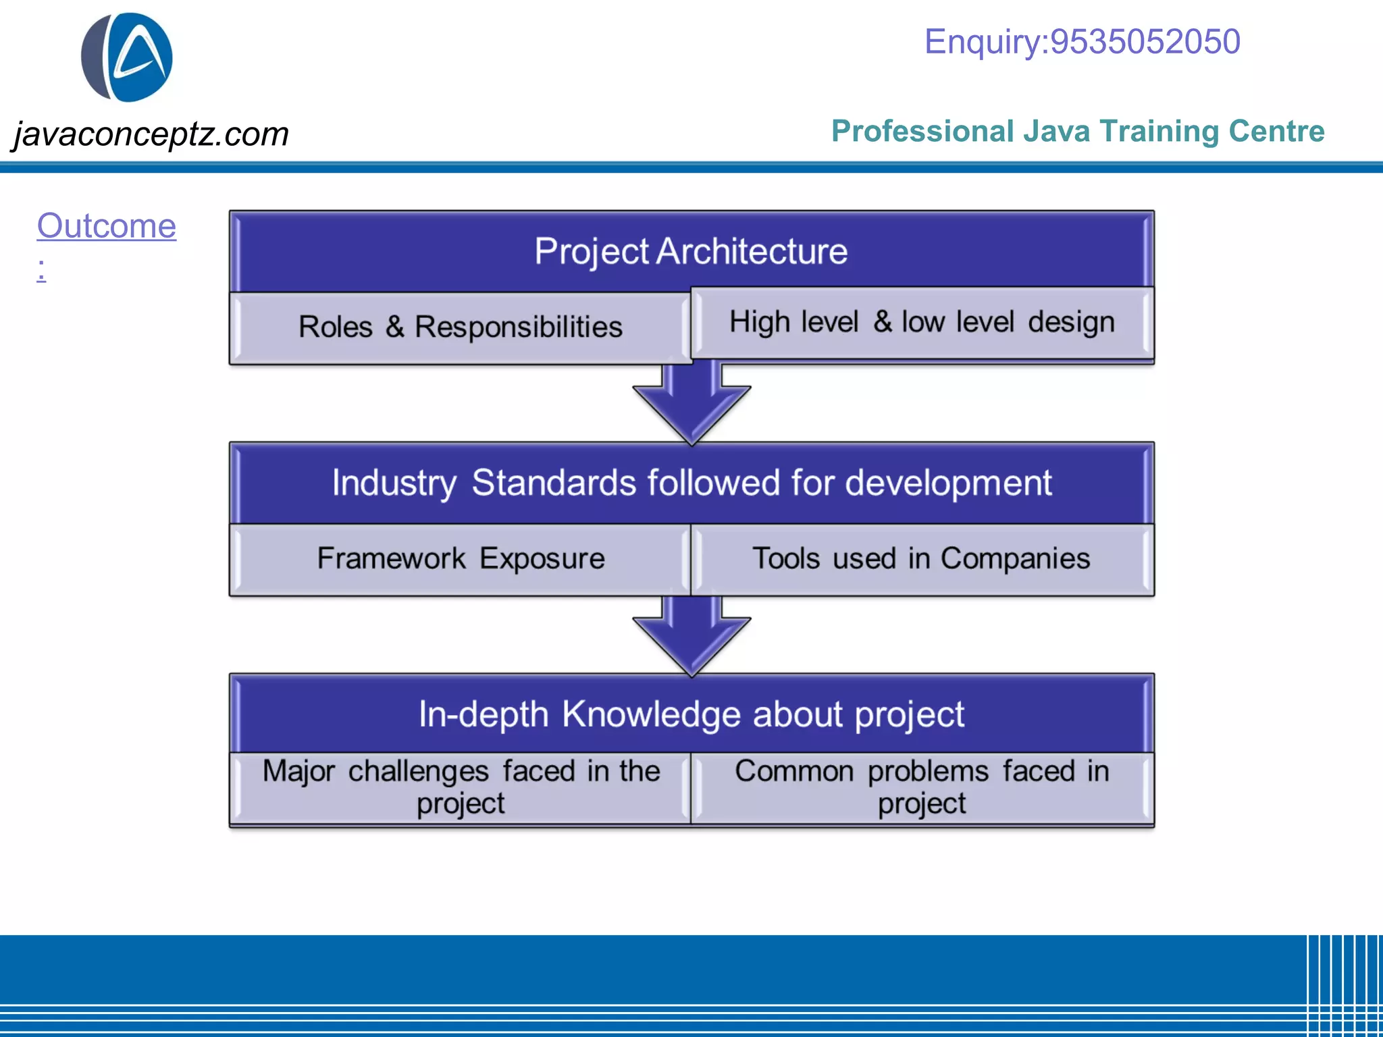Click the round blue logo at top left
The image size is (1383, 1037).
[x=127, y=57]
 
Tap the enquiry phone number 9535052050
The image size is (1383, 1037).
[x=1145, y=42]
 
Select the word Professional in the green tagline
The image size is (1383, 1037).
[x=922, y=131]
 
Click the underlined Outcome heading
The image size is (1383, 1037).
[x=106, y=225]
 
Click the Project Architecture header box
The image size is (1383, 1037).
[x=691, y=251]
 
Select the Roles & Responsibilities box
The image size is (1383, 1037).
[x=460, y=327]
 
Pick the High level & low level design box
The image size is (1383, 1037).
[x=922, y=322]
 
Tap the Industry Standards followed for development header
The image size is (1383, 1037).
[x=691, y=483]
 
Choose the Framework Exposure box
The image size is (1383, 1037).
[x=460, y=559]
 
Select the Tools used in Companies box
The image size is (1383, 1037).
[x=922, y=559]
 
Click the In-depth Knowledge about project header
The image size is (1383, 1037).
[x=691, y=714]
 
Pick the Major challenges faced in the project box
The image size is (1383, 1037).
[x=460, y=787]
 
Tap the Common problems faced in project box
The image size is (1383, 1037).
[x=922, y=787]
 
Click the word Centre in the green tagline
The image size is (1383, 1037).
[x=1276, y=131]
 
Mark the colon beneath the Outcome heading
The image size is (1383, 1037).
[x=42, y=269]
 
